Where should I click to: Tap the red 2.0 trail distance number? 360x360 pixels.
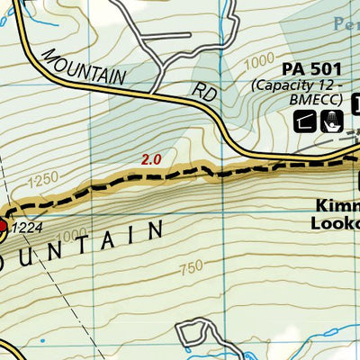[x=150, y=159]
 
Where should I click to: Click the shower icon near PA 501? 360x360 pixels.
[x=330, y=120]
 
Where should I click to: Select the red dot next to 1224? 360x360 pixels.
[x=3, y=226]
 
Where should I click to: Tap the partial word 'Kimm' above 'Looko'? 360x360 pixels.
[x=337, y=204]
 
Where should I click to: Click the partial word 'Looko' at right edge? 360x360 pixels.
[x=335, y=222]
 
